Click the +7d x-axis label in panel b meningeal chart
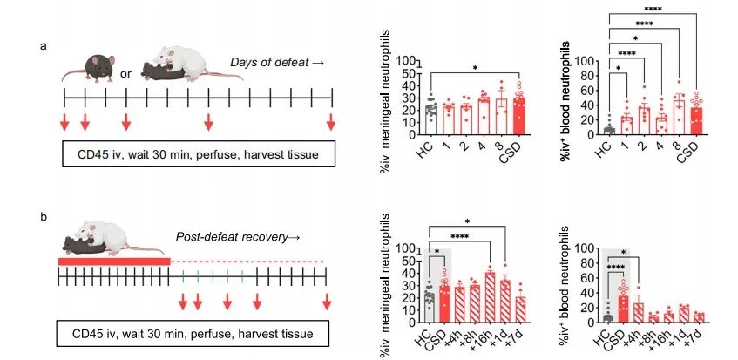coord(522,336)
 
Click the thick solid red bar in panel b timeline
coord(113,261)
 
